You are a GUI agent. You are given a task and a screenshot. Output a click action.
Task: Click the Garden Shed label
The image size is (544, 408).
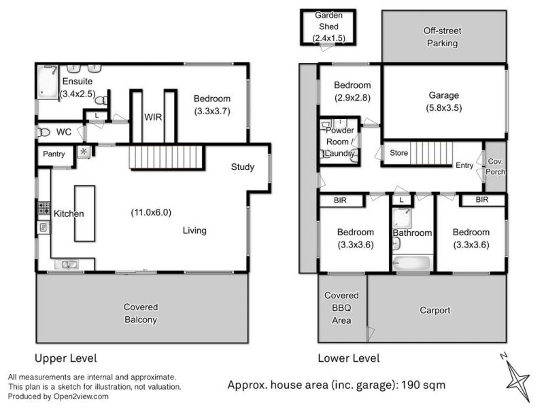328,21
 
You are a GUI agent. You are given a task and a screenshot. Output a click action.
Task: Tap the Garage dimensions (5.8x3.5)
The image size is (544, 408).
444,108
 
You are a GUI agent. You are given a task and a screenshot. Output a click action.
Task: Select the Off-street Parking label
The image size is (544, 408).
443,37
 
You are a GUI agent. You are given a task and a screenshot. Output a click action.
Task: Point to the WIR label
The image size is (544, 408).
153,117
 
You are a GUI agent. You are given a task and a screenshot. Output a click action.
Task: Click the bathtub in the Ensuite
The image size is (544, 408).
48,82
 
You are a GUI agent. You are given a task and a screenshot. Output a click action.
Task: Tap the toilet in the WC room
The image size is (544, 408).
44,132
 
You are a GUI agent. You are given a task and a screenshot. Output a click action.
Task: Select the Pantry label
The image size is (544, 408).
54,154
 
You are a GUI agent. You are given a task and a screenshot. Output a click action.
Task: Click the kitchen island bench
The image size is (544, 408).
84,214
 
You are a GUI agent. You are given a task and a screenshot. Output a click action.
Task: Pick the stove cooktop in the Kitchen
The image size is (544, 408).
44,208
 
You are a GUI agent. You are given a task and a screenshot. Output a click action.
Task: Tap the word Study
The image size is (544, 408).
243,167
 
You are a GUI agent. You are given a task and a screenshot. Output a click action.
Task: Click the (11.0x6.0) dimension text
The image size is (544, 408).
151,212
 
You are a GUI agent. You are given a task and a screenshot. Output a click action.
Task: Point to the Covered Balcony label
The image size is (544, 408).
141,313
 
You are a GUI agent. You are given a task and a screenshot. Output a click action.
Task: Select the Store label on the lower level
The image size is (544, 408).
398,152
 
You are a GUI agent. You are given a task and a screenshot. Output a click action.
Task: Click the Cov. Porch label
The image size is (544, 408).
496,167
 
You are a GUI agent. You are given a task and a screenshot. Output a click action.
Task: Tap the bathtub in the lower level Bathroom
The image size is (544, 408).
412,263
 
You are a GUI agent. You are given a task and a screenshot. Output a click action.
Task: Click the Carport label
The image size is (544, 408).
435,310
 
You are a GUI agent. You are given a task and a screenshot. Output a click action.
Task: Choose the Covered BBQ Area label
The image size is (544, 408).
341,308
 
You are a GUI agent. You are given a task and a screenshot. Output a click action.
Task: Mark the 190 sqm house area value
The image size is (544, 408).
423,385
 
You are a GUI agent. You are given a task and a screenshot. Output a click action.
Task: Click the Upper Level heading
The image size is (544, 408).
65,358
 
